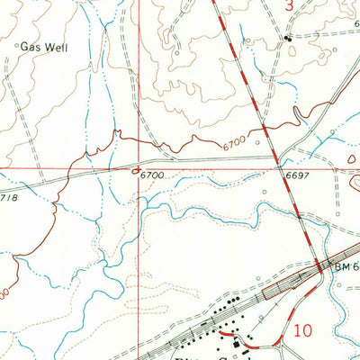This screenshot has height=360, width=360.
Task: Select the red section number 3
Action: point(289,5)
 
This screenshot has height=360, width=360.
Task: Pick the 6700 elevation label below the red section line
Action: point(154,175)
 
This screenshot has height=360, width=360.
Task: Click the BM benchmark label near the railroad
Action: point(345,267)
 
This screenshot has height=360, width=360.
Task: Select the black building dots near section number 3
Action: point(289,39)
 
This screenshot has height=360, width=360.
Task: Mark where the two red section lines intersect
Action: point(139,167)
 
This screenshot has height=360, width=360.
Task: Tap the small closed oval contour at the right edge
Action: point(353,158)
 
